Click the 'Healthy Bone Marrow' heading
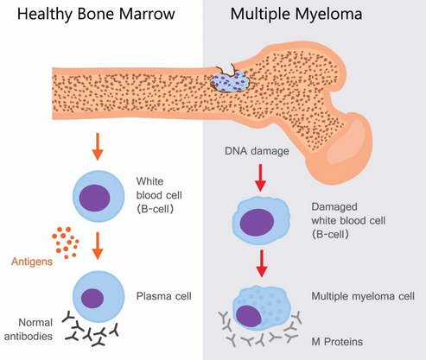coord(96,15)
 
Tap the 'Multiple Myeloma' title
coord(296,15)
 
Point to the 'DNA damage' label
coord(257,151)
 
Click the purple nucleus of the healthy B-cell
coord(95,198)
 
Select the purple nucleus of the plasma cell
coord(92,298)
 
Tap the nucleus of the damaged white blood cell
coord(257,222)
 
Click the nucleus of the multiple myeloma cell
coord(249,316)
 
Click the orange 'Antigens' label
coord(32,262)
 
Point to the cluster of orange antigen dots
coord(66,243)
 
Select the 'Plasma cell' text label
coord(164,296)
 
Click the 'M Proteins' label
coord(337,342)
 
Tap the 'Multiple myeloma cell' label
coord(363,296)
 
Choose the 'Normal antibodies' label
coord(29,329)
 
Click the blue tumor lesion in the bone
coord(230,81)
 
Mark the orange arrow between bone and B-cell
coord(98,147)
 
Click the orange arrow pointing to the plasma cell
coord(98,246)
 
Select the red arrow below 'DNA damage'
coord(261,178)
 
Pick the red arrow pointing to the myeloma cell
coord(262,263)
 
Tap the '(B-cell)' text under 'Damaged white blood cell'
coord(330,235)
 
